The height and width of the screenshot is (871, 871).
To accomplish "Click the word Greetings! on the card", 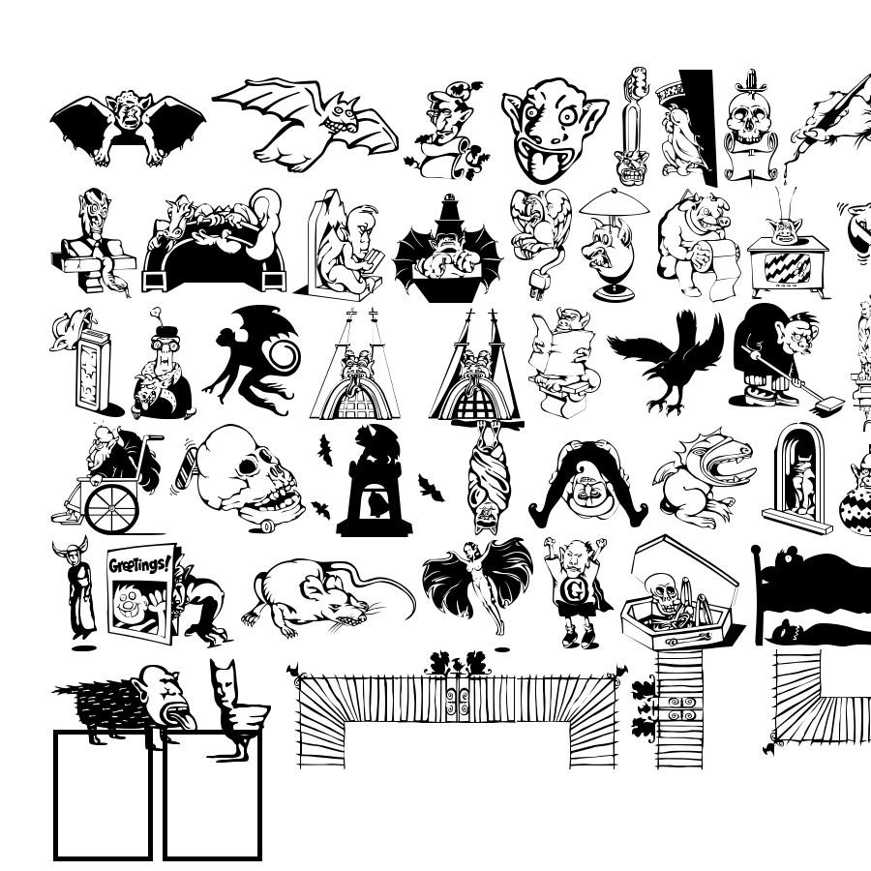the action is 139,564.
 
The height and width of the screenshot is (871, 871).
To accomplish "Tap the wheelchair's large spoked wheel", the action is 111,508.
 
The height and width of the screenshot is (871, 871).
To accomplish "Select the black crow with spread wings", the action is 667,361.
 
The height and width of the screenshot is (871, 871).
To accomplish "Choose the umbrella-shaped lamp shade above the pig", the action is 614,204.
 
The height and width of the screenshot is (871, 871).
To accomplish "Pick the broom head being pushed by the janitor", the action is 827,405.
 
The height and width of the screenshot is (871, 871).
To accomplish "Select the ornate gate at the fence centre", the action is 458,698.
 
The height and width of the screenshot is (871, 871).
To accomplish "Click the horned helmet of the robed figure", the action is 71,550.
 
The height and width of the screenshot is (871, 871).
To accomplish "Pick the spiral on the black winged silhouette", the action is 285,354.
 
